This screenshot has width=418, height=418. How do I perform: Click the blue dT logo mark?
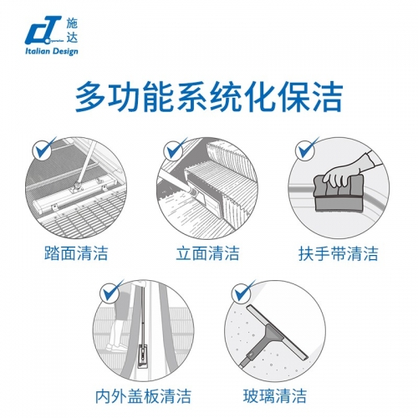click(43, 31)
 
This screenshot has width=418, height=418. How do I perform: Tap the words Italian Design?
click(52, 52)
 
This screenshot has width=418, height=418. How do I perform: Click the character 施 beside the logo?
click(72, 23)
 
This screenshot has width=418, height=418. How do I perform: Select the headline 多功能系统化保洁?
click(209, 96)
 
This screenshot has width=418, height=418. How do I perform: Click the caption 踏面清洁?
click(76, 253)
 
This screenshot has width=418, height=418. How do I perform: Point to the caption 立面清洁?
click(207, 253)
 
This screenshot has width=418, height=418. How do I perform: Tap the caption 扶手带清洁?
click(339, 253)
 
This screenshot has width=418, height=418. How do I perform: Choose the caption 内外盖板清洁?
click(143, 395)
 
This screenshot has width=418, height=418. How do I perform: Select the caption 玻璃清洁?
click(275, 395)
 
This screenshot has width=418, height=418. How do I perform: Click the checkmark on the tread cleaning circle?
click(44, 148)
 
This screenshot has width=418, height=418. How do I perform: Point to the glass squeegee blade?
click(278, 332)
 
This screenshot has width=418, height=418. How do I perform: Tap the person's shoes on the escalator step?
click(119, 347)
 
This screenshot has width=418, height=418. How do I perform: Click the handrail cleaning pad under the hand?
click(339, 195)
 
